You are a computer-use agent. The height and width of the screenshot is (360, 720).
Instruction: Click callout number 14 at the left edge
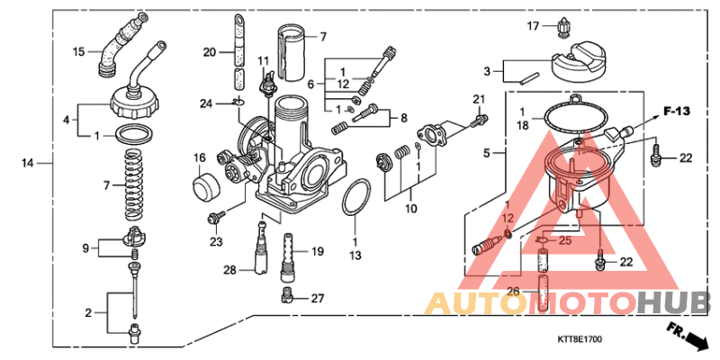pyautogui.click(x=28, y=163)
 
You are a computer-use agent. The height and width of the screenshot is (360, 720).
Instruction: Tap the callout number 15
pyautogui.click(x=79, y=51)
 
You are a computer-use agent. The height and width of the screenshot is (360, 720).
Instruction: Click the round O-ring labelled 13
pyautogui.click(x=355, y=198)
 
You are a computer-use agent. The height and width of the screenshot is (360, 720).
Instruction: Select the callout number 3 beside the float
pyautogui.click(x=487, y=70)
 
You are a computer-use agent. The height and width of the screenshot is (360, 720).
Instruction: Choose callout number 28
pyautogui.click(x=230, y=270)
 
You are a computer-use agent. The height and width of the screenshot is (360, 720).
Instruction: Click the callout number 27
pyautogui.click(x=317, y=298)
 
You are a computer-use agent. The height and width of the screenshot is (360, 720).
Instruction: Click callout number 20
pyautogui.click(x=210, y=52)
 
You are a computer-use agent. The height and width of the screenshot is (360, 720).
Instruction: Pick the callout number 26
pyautogui.click(x=512, y=290)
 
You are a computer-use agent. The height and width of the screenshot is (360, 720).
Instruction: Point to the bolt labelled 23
pyautogui.click(x=216, y=218)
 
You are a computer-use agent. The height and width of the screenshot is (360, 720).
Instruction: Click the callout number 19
pyautogui.click(x=317, y=252)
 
